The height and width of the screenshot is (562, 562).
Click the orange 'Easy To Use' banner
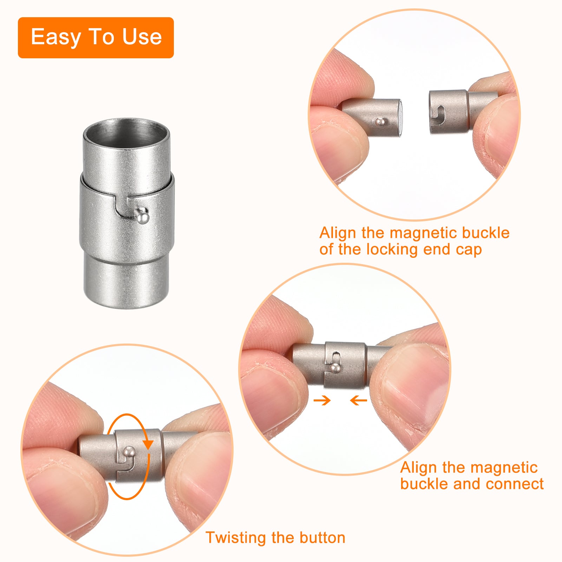[96, 38]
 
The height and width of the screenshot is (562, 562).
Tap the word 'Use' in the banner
[142, 37]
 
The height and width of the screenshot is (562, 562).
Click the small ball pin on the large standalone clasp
[143, 216]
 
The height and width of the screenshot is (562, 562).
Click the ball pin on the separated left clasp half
[380, 122]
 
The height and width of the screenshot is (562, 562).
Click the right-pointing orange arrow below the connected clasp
[322, 400]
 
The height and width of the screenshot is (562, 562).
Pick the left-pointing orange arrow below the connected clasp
[359, 400]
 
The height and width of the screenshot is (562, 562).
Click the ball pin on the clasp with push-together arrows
[335, 368]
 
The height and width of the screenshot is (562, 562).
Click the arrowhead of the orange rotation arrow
[148, 443]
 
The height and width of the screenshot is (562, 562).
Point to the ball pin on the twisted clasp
[130, 451]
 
